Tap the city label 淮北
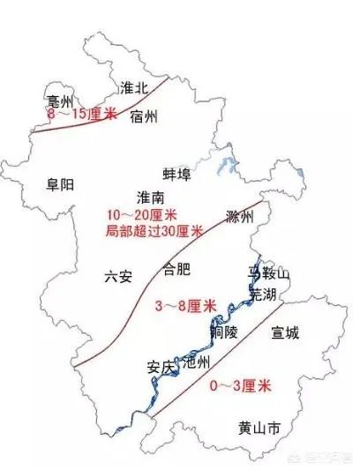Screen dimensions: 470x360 (133, 86)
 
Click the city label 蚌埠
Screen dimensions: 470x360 (176, 173)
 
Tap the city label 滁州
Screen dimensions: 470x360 (239, 217)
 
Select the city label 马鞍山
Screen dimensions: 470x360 (269, 276)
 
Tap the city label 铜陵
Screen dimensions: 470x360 (224, 332)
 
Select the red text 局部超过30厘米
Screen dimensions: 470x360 (154, 231)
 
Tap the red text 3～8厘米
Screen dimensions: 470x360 (185, 305)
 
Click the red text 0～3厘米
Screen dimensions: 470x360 (240, 386)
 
